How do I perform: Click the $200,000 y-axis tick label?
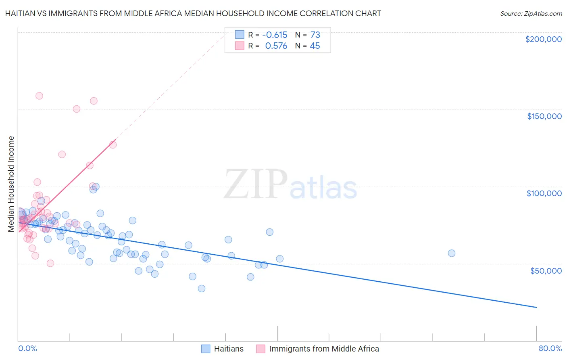[x=543, y=39]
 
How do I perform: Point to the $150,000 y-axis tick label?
[x=544, y=116]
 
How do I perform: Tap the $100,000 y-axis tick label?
[x=544, y=193]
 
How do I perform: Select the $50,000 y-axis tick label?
[x=546, y=270]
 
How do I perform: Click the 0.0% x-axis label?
[x=27, y=348]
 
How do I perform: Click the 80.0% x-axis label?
[x=550, y=348]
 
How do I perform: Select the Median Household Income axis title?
[x=11, y=184]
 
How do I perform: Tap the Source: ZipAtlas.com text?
[x=531, y=13]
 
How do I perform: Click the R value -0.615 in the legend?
[x=275, y=35]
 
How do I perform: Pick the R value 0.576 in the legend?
[x=276, y=46]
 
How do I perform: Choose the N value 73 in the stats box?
[x=315, y=35]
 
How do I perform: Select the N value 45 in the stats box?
[x=315, y=46]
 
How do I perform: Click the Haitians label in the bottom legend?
[x=229, y=349]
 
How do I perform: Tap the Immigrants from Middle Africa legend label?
[x=324, y=349]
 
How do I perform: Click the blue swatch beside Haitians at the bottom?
[x=206, y=349]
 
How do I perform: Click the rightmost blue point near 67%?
[x=452, y=253]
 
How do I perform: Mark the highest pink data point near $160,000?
[x=39, y=96]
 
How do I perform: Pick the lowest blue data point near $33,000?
[x=202, y=289]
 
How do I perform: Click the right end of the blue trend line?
[x=536, y=308]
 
